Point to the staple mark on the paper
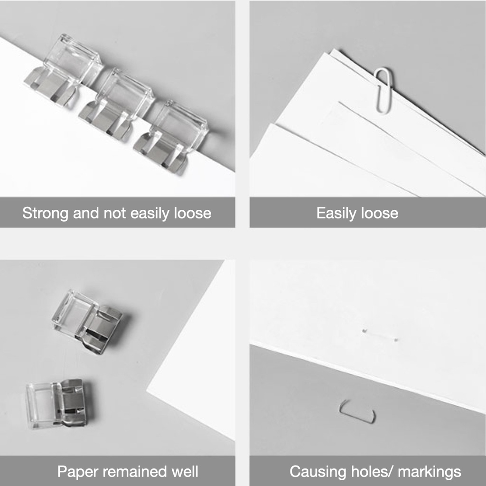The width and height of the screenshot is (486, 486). pyautogui.click(x=380, y=335)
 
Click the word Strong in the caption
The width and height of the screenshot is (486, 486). pyautogui.click(x=45, y=214)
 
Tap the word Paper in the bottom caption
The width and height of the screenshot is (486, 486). pyautogui.click(x=77, y=472)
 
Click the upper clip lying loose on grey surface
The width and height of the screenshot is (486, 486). pyautogui.click(x=88, y=321)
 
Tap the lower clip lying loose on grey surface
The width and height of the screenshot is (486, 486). pyautogui.click(x=57, y=403)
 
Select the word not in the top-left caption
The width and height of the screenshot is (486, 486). pyautogui.click(x=115, y=214)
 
